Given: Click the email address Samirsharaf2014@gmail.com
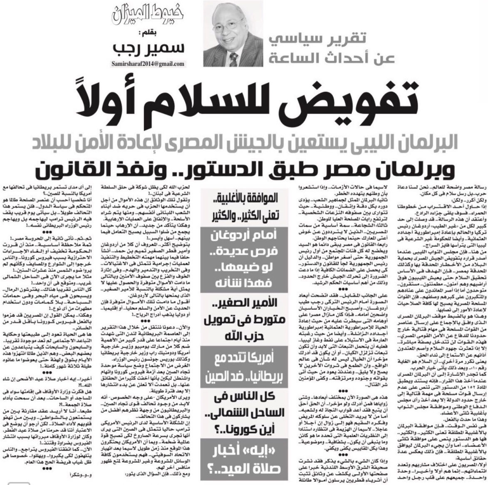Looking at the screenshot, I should [x=148, y=64].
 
